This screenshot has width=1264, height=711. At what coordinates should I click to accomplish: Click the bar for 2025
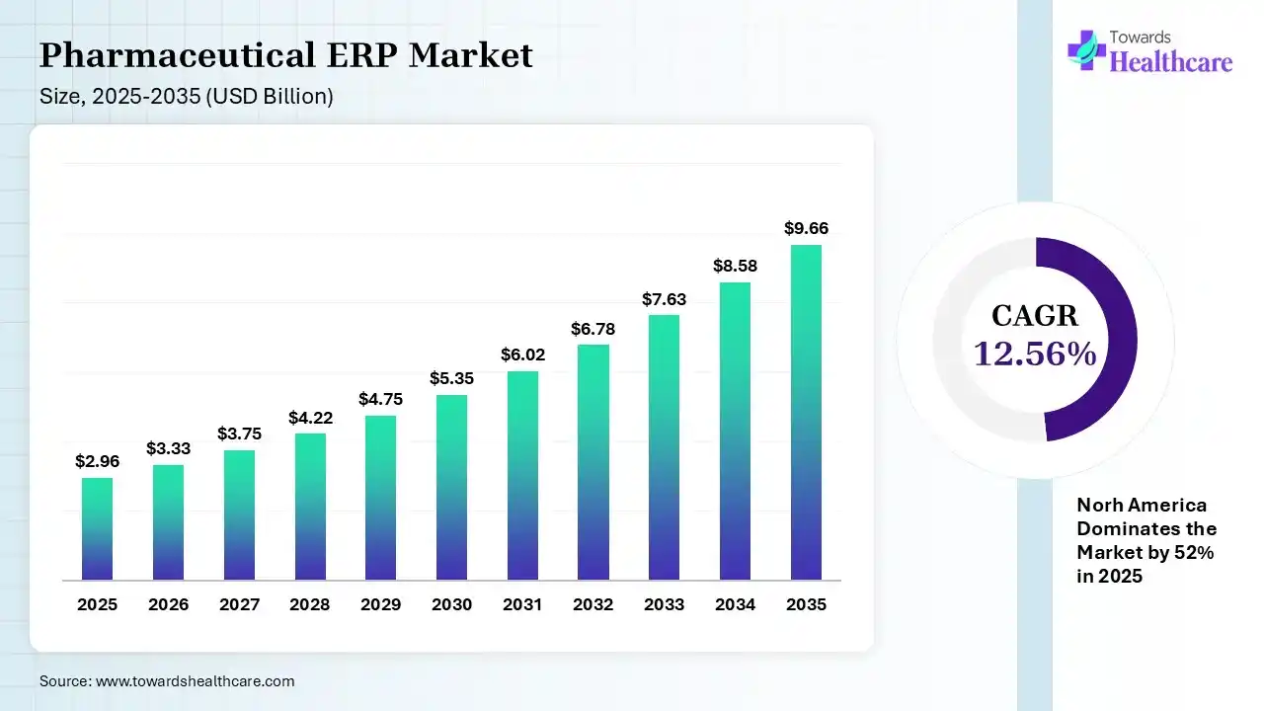click(97, 528)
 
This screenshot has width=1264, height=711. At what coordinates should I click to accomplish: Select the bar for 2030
click(451, 487)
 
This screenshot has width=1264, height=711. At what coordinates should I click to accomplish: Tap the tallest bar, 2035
click(806, 412)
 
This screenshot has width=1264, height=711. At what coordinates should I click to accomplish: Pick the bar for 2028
click(310, 507)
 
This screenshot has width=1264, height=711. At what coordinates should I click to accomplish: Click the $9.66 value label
click(806, 228)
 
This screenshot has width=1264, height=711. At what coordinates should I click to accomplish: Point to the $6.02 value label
click(522, 355)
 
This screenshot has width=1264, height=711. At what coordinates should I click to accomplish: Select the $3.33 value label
click(168, 448)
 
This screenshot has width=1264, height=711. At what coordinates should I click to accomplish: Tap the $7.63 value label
click(665, 299)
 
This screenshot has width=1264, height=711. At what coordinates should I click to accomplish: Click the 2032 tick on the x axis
click(593, 604)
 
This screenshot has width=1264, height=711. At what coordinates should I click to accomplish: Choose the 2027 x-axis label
click(239, 604)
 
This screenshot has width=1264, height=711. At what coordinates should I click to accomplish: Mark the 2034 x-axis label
click(735, 604)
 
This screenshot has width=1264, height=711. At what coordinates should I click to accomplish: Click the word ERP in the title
click(362, 55)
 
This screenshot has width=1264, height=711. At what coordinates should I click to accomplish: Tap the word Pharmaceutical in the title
click(177, 55)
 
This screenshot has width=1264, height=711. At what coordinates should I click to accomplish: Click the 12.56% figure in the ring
click(1035, 354)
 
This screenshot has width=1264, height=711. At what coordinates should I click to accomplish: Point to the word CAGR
click(1035, 315)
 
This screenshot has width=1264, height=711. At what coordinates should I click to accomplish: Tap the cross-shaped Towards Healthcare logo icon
click(1086, 50)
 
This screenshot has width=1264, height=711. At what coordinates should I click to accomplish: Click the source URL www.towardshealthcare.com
click(195, 681)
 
